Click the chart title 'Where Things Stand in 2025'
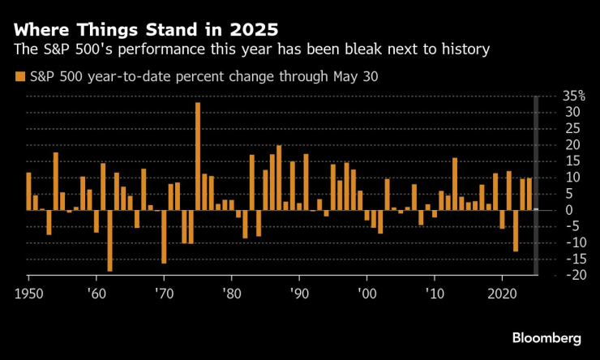coord(146,31)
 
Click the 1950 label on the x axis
coord(28,291)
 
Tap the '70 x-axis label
coord(163,291)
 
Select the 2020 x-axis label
coord(502,291)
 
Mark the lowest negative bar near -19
coord(109,240)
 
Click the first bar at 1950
coord(28,191)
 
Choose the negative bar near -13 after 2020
coord(516,230)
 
